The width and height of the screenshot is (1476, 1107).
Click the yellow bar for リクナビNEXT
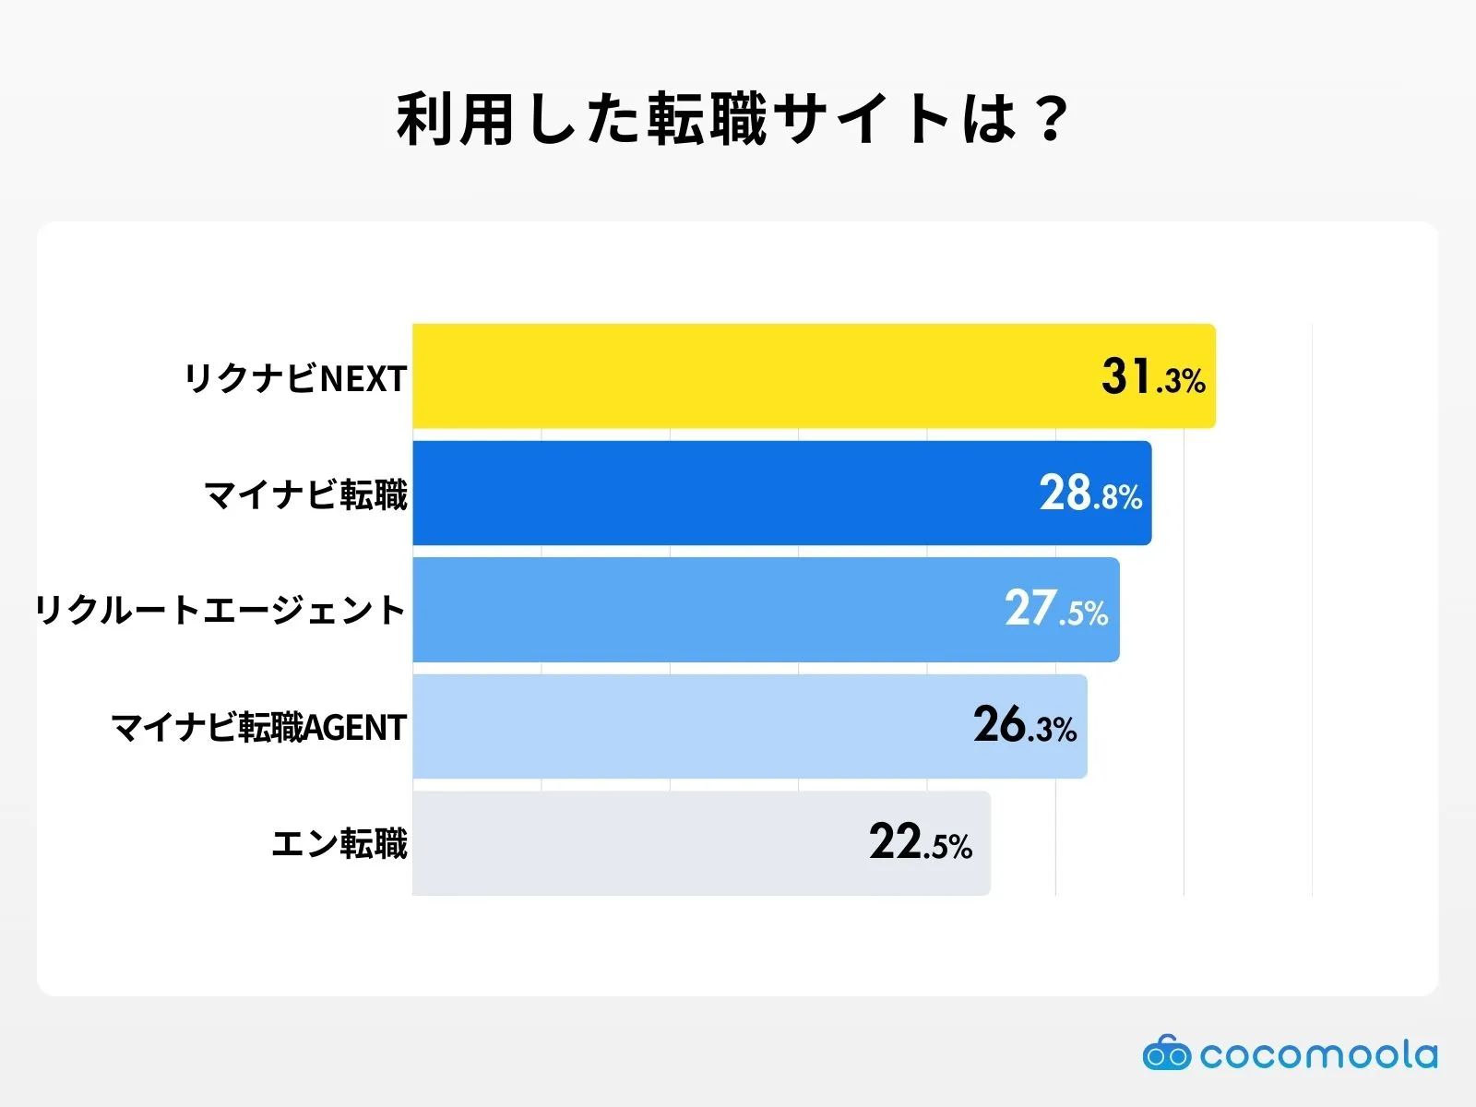738,376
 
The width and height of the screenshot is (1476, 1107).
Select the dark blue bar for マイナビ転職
720,493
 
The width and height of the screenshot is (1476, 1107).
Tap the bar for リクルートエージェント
701,610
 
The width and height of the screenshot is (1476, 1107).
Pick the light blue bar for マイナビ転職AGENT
683,726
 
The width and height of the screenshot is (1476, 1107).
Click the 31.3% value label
1153,377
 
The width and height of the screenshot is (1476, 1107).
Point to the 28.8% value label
1090,494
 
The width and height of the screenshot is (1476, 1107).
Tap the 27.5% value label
1056,610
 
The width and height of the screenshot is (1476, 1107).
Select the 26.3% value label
1025,726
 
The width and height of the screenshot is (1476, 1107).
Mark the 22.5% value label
921,843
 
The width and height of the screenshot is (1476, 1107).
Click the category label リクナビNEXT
295,378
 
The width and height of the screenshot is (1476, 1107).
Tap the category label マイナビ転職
305,495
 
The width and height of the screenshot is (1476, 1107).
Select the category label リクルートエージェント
221,611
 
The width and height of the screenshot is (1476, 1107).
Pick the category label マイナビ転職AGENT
259,728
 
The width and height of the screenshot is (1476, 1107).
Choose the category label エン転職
339,844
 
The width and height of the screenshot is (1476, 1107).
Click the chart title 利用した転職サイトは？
733,120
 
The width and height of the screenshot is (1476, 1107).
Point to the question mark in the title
1051,120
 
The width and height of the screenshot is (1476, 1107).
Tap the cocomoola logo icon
1166,1053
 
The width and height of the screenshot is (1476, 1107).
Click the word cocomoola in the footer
1319,1054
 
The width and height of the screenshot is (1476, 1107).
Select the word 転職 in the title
706,120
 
